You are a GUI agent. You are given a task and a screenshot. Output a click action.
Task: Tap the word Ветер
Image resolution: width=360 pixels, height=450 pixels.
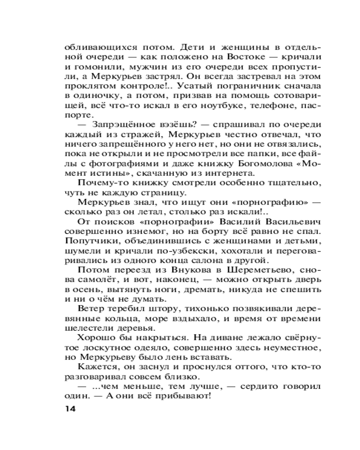pos(91,309)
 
